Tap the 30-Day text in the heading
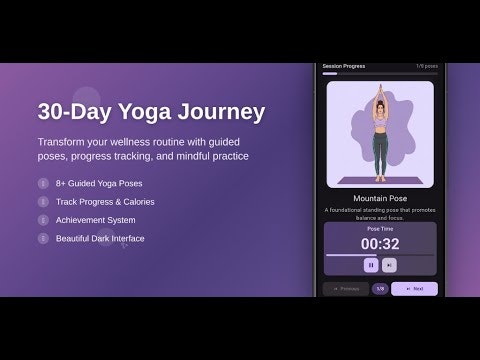72,111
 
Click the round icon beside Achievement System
42,220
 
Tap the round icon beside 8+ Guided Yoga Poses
42,184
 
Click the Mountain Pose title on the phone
379,198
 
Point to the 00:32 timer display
379,244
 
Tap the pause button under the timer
370,265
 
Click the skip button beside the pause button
389,265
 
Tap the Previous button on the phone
345,289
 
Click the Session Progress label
344,66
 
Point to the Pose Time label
379,228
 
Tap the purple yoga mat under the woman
379,180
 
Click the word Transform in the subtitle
66,141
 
